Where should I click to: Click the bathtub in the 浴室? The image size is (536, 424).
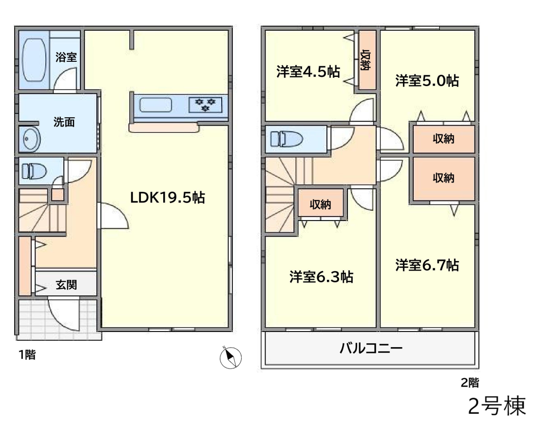(x=34, y=60)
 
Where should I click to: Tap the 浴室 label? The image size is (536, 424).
(x=66, y=56)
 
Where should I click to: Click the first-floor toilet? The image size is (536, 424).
(x=34, y=171)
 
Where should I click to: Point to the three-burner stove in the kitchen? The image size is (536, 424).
(x=205, y=105)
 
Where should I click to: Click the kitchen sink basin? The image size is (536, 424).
(x=155, y=105)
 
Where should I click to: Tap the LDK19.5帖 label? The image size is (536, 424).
(x=168, y=197)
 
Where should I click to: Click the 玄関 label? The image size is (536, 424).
(x=66, y=284)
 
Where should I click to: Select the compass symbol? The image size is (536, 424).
(x=230, y=357)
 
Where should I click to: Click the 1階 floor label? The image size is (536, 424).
(x=27, y=355)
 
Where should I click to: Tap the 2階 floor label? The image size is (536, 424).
(x=470, y=382)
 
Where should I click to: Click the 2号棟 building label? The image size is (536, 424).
(x=497, y=406)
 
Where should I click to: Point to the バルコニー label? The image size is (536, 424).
(x=371, y=348)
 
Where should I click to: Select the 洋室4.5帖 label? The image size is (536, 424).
(x=308, y=72)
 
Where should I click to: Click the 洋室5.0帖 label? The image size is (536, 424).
(x=427, y=81)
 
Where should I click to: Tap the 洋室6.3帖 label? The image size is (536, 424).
(x=321, y=277)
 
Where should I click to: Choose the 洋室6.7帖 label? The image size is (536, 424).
(x=427, y=265)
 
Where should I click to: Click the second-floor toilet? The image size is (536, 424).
(x=287, y=139)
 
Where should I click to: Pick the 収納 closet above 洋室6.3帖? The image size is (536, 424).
(x=321, y=204)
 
